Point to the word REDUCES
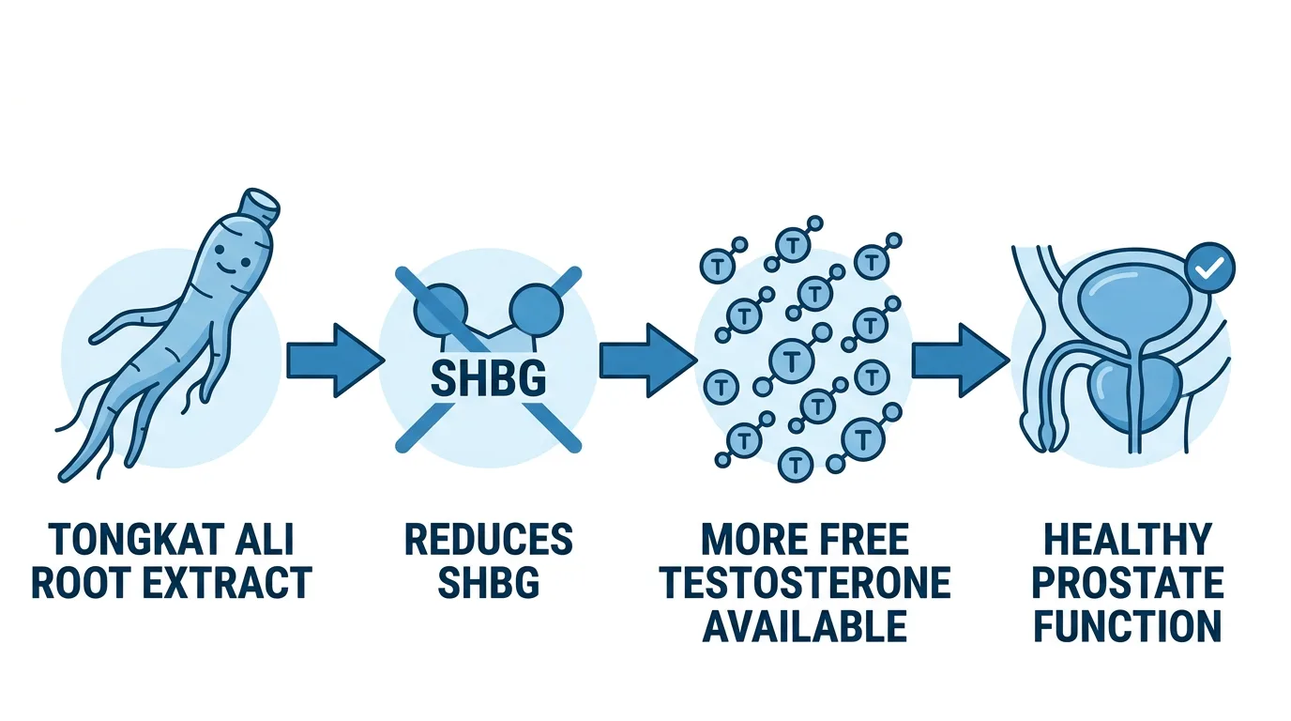(488, 541)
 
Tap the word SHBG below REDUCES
(488, 583)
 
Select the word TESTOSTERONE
(804, 583)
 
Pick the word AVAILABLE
(804, 625)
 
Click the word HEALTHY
(1128, 541)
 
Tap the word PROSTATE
(1128, 583)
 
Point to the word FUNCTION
(1128, 625)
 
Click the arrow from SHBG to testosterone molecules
(646, 360)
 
